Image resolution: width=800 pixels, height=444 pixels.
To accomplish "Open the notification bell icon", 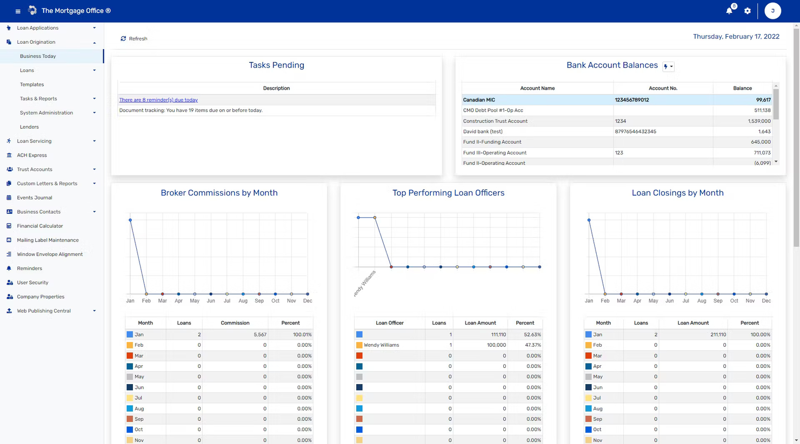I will pos(729,11).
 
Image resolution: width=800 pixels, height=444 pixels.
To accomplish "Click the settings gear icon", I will pos(748,11).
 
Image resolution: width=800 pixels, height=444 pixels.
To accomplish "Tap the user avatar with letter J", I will pos(772,11).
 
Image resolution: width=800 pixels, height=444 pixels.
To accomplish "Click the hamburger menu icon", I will pos(18,11).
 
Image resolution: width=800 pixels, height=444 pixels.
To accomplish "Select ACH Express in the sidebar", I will pos(32,155).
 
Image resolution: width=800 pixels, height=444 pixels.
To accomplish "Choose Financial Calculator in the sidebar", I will pos(39,226).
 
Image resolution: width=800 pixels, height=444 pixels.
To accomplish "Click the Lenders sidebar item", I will pos(29,127).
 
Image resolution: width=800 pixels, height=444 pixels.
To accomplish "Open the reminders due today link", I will pos(158,100).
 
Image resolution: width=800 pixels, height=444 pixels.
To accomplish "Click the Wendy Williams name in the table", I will pos(381,345).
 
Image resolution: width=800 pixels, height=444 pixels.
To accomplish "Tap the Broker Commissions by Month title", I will pos(219,193).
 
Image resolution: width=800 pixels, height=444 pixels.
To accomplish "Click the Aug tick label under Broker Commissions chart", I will pos(243,301).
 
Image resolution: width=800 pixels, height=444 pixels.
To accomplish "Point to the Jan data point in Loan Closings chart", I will pos(589,220).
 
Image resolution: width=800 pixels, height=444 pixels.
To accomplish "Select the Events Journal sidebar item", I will pos(34,198).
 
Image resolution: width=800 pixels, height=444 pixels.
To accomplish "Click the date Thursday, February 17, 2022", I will pos(736,37).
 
